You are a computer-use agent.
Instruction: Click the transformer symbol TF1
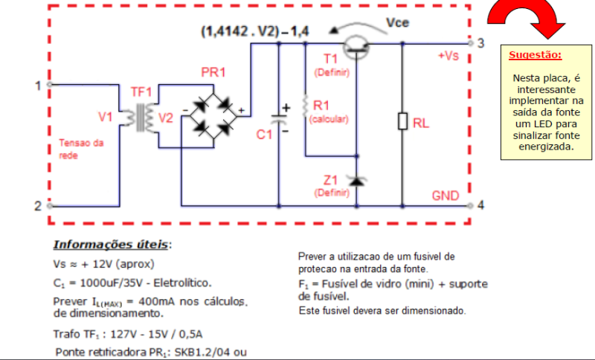(141, 118)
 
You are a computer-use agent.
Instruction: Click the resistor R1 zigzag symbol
(305, 106)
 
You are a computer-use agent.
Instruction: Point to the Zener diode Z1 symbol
(358, 181)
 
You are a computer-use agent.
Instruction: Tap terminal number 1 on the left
(38, 86)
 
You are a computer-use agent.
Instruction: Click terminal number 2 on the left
(38, 206)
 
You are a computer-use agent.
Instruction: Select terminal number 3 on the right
(481, 42)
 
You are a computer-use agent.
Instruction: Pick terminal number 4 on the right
(481, 205)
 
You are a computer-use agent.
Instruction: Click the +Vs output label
(448, 57)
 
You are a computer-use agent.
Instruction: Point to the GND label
(446, 196)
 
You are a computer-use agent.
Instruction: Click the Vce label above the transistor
(398, 24)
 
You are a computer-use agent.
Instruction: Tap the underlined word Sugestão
(535, 55)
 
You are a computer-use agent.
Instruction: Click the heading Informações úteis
(112, 245)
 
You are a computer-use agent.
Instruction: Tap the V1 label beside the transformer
(105, 117)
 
